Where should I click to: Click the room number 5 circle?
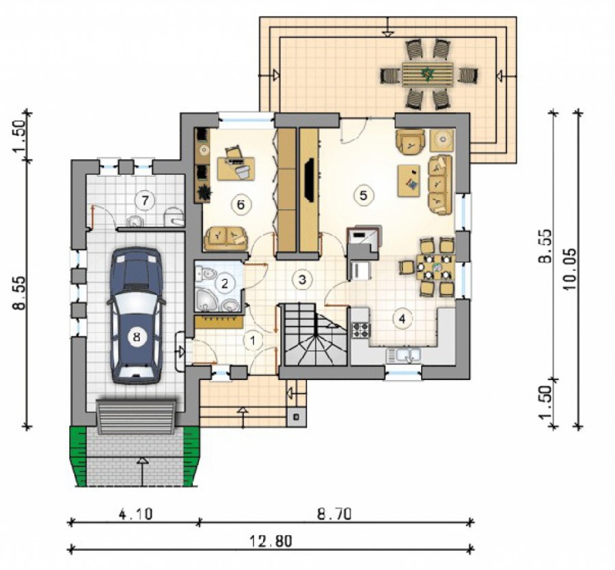coord(364,195)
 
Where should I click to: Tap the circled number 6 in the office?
coord(241,204)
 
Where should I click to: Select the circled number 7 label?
coord(145,201)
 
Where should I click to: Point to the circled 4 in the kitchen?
coord(402,318)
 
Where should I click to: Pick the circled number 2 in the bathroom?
coord(224,283)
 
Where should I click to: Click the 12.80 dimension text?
coord(271,541)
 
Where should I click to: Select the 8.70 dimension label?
coord(334,514)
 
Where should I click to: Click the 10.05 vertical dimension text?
coord(571,269)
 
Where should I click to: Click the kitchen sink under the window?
coord(403,355)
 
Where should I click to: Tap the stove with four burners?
coord(361,330)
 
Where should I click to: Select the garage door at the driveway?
coord(137,417)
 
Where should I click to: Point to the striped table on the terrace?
coord(427,74)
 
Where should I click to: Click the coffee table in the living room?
coord(409,180)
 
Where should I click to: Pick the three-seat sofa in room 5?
coord(440,185)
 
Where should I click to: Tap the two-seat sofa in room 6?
coord(226,238)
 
